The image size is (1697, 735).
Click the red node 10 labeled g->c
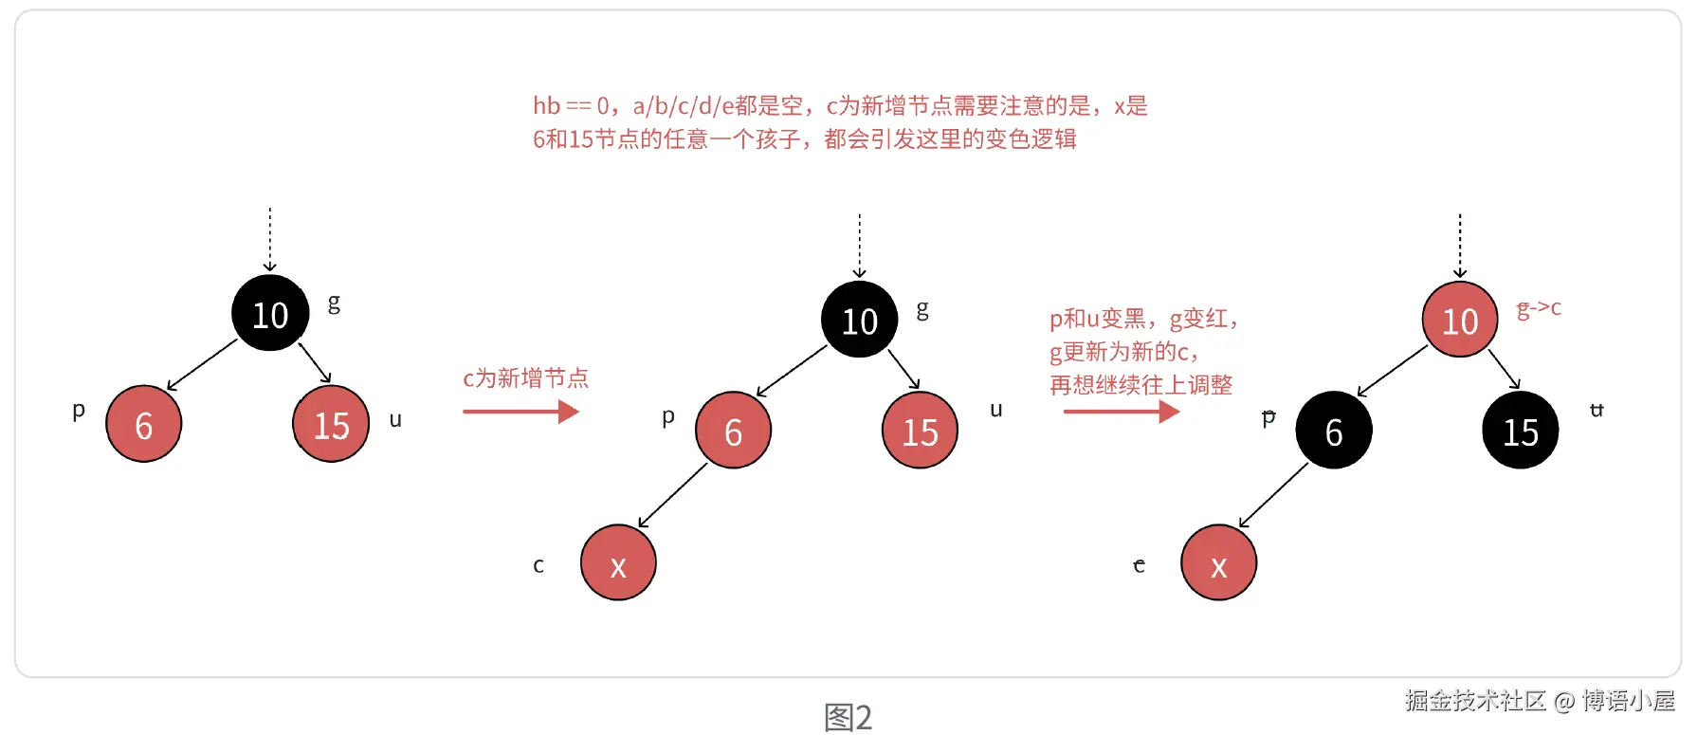(x=1460, y=321)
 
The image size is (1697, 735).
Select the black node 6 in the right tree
(x=1333, y=432)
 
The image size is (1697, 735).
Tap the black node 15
(x=1520, y=432)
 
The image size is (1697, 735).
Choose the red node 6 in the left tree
(x=144, y=424)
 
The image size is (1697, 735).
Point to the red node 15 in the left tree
(x=331, y=424)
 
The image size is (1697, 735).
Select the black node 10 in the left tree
(x=270, y=314)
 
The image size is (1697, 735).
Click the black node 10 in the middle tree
(x=860, y=321)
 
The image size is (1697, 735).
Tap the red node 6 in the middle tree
(x=733, y=432)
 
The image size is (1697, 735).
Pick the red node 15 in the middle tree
(x=920, y=432)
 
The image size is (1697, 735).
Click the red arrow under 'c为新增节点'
(x=520, y=412)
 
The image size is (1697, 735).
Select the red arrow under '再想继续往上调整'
(x=1121, y=412)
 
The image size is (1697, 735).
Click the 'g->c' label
(x=1539, y=308)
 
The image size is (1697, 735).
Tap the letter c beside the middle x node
(x=538, y=566)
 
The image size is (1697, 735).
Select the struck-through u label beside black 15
(x=1597, y=410)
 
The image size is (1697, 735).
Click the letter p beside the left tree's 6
(x=79, y=411)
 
